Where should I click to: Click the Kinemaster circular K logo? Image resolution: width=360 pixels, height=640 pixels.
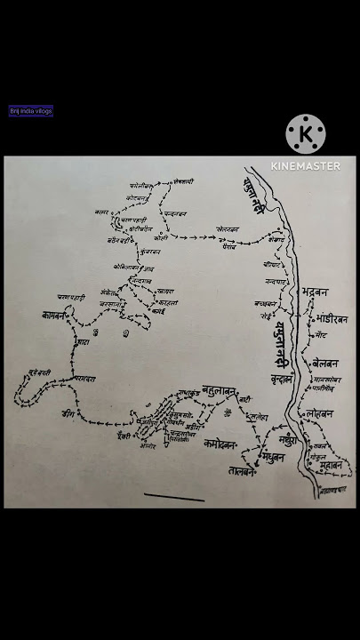click(x=306, y=134)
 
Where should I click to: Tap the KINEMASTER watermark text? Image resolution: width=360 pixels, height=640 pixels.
click(x=306, y=166)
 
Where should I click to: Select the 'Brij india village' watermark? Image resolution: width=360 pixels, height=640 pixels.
click(x=31, y=111)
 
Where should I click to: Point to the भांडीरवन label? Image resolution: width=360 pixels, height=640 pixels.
click(x=332, y=318)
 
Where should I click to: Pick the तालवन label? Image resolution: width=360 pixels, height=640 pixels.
click(x=240, y=471)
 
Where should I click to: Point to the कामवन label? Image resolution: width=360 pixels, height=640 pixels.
click(x=55, y=315)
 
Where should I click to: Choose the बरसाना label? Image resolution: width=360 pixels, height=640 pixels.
click(x=111, y=303)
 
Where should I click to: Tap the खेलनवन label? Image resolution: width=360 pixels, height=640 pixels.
click(x=228, y=228)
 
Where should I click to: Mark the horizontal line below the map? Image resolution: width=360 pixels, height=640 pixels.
click(x=174, y=497)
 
